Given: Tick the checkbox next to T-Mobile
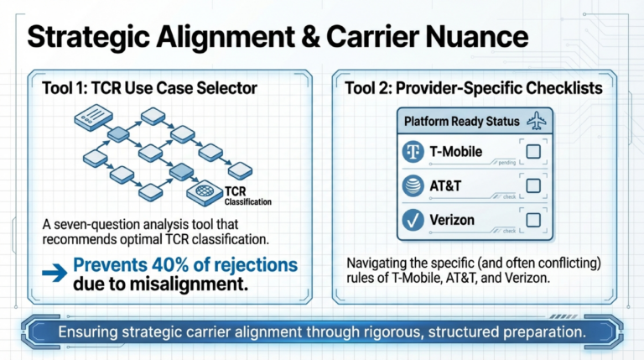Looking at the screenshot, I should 532,152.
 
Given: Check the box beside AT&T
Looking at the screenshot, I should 532,185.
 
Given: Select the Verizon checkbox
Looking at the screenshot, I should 532,220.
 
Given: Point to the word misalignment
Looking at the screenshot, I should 179,284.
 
